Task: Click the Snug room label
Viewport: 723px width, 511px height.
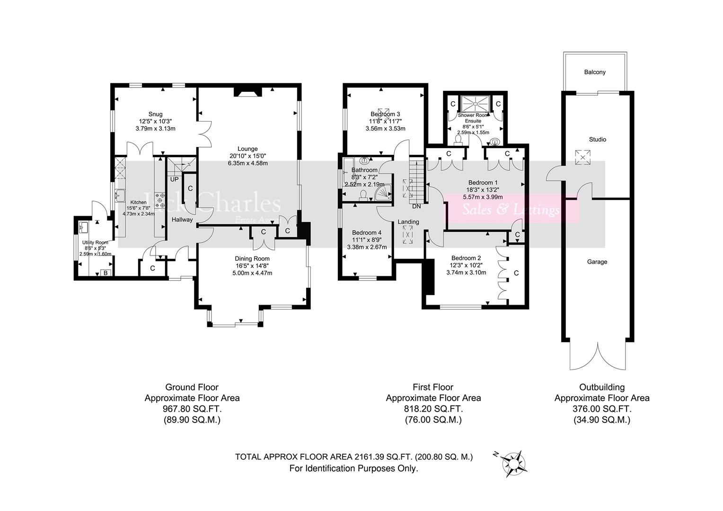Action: pos(155,114)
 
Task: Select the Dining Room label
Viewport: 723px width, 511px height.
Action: pos(252,258)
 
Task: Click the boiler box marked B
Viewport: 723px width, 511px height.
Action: pos(106,273)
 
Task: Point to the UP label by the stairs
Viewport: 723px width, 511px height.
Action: pos(174,179)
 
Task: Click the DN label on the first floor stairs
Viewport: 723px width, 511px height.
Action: pos(416,206)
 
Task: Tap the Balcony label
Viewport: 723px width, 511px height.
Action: pos(594,72)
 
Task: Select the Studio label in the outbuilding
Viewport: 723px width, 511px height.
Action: pos(597,140)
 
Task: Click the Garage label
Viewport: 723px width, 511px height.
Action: pos(597,262)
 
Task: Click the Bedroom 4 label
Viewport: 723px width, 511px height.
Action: pos(367,233)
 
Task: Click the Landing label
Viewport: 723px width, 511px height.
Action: pos(408,221)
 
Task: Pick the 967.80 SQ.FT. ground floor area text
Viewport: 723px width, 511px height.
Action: pos(192,409)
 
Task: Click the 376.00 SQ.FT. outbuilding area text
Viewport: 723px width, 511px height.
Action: pos(601,409)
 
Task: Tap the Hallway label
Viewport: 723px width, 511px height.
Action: pos(182,220)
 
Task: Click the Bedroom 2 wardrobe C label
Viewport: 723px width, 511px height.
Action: pos(516,273)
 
